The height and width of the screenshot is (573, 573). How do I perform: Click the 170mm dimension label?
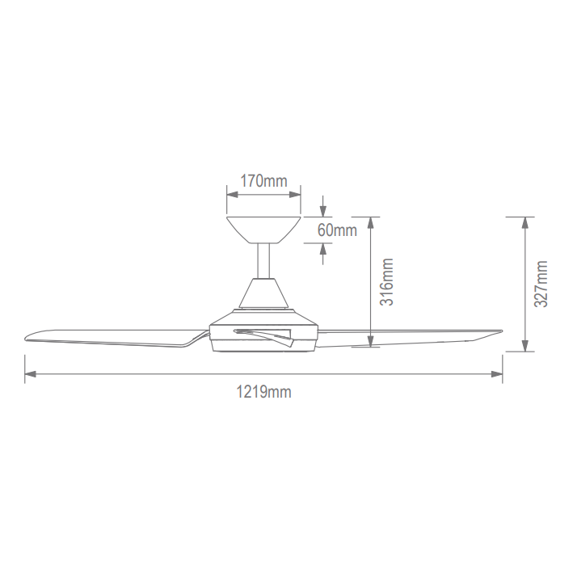click(x=263, y=181)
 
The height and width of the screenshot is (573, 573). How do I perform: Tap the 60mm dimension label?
click(x=337, y=230)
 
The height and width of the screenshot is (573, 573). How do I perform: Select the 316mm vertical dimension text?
click(x=386, y=282)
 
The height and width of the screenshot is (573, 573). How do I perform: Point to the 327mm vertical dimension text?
click(x=541, y=284)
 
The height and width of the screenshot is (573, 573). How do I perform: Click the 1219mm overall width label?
click(x=263, y=392)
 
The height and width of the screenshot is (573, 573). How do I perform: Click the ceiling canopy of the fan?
click(x=263, y=230)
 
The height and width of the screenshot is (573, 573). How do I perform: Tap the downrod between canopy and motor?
click(x=263, y=261)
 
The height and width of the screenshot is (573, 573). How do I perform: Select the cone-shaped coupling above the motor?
click(x=263, y=293)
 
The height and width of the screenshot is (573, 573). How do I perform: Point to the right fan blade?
click(x=409, y=338)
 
